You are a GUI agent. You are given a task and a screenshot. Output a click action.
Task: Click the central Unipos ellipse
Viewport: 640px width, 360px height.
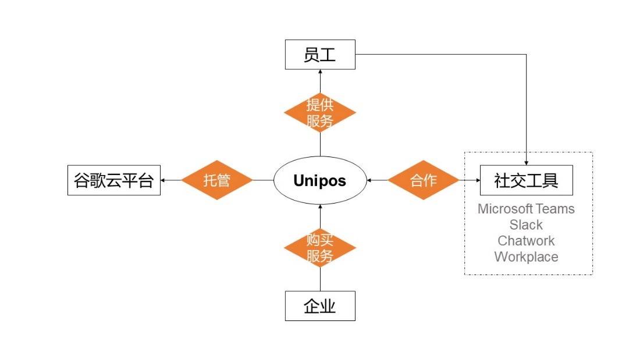pos(319,180)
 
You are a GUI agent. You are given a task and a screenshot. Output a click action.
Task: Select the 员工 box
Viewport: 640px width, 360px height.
pos(319,55)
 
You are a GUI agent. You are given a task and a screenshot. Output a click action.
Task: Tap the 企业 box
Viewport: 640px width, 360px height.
pos(319,306)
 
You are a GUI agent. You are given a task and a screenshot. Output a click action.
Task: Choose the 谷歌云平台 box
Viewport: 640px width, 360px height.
pos(113,180)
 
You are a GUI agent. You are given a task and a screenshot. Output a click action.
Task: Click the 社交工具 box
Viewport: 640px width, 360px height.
pos(526,180)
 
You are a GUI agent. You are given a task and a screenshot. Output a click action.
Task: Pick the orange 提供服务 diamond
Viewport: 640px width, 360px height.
pos(319,113)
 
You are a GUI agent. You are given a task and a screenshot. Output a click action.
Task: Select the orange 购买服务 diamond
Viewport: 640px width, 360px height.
pos(319,248)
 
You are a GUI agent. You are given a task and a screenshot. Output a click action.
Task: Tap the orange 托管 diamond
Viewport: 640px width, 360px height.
pos(217,180)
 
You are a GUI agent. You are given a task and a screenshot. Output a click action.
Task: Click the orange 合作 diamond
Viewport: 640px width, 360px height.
pos(423,180)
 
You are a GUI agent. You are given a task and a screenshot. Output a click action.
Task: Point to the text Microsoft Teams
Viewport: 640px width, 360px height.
pos(526,209)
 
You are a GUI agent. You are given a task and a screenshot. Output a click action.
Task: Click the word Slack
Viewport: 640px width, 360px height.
pos(526,224)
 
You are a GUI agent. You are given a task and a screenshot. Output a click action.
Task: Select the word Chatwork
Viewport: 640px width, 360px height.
pos(526,240)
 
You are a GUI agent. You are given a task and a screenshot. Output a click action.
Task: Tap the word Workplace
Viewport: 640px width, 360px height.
pos(526,256)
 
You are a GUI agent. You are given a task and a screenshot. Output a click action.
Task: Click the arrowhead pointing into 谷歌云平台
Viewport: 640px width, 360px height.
pos(163,180)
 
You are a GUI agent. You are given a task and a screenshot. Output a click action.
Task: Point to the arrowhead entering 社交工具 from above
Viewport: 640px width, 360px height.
pos(526,163)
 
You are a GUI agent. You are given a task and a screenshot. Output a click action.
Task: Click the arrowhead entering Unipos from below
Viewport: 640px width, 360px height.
pos(319,206)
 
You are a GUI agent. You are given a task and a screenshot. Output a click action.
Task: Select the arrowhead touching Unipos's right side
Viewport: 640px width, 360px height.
pos(370,180)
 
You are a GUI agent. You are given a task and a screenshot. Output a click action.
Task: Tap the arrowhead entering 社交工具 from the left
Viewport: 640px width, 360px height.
pos(477,180)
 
